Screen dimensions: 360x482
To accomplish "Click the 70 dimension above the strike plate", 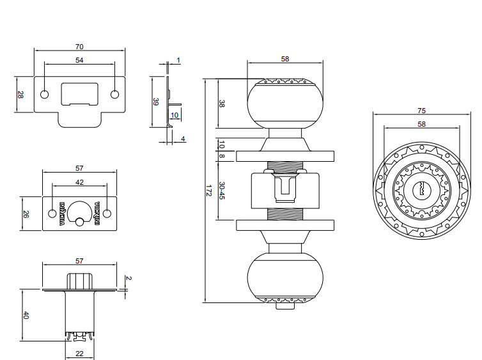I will coord(79,47).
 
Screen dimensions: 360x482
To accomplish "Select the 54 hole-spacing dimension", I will coord(79,60).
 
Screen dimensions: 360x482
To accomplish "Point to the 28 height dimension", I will coord(20,95).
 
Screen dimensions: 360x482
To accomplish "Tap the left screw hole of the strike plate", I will coord(44,95).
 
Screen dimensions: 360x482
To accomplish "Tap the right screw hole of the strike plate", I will coord(115,95).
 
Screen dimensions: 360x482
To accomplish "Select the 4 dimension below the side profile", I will coord(183,139).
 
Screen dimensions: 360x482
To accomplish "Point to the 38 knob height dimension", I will coord(222,103).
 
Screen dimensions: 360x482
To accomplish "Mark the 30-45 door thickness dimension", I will coord(222,189).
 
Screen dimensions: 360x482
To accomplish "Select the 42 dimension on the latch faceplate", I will coord(79,182).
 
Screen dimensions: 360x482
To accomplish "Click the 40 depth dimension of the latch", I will coord(26,316).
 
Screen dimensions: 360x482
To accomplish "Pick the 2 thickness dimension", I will coord(128,278).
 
